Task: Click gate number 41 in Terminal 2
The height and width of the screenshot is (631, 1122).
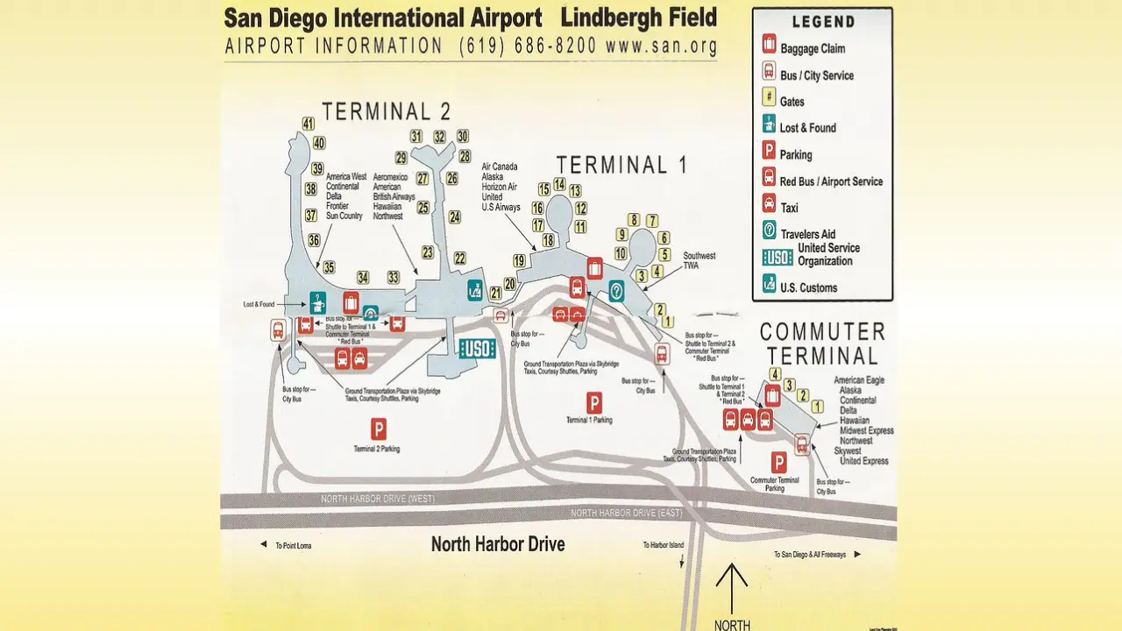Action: point(309,124)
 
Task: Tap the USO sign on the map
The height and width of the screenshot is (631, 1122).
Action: point(478,348)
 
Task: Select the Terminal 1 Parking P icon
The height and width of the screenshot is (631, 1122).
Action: point(594,402)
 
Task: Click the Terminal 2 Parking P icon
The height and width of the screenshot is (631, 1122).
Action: point(379,429)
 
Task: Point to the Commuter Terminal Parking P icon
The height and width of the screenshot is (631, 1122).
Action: point(778,462)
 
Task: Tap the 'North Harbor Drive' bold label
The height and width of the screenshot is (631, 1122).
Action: point(498,544)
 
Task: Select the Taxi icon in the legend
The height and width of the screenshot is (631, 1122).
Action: point(769,205)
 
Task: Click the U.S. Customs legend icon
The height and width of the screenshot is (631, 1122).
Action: point(769,284)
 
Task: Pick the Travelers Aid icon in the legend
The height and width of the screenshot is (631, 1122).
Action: point(769,231)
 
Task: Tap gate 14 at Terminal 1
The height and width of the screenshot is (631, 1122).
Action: point(559,184)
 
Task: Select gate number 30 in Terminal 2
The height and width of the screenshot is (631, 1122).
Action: point(463,136)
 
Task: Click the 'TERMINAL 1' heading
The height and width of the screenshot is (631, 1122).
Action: point(621,165)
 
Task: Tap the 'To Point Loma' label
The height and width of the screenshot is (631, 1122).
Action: point(293,546)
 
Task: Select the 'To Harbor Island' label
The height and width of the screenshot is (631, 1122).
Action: point(664,545)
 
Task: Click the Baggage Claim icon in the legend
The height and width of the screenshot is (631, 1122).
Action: point(769,44)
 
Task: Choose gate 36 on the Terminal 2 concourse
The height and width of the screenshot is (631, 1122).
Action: point(314,239)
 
